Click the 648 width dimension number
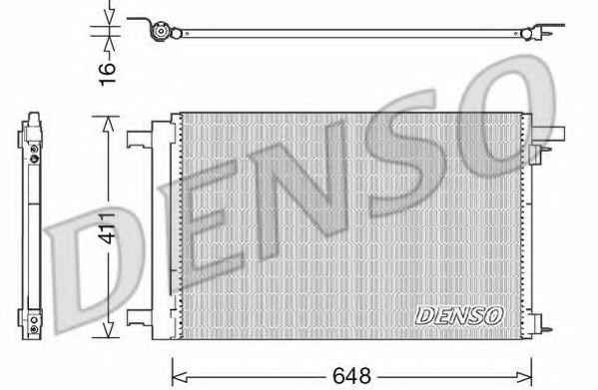pyautogui.click(x=351, y=376)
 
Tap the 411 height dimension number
pyautogui.click(x=107, y=228)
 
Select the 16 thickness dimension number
pyautogui.click(x=107, y=74)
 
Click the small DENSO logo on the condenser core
pyautogui.click(x=459, y=316)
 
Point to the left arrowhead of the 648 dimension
pyautogui.click(x=180, y=377)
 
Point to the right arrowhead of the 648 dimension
pyautogui.click(x=524, y=377)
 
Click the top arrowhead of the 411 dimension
pyautogui.click(x=108, y=124)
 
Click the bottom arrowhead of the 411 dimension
pyautogui.click(x=108, y=330)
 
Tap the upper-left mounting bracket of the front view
pyautogui.click(x=140, y=139)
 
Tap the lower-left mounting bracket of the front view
pyautogui.click(x=140, y=317)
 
